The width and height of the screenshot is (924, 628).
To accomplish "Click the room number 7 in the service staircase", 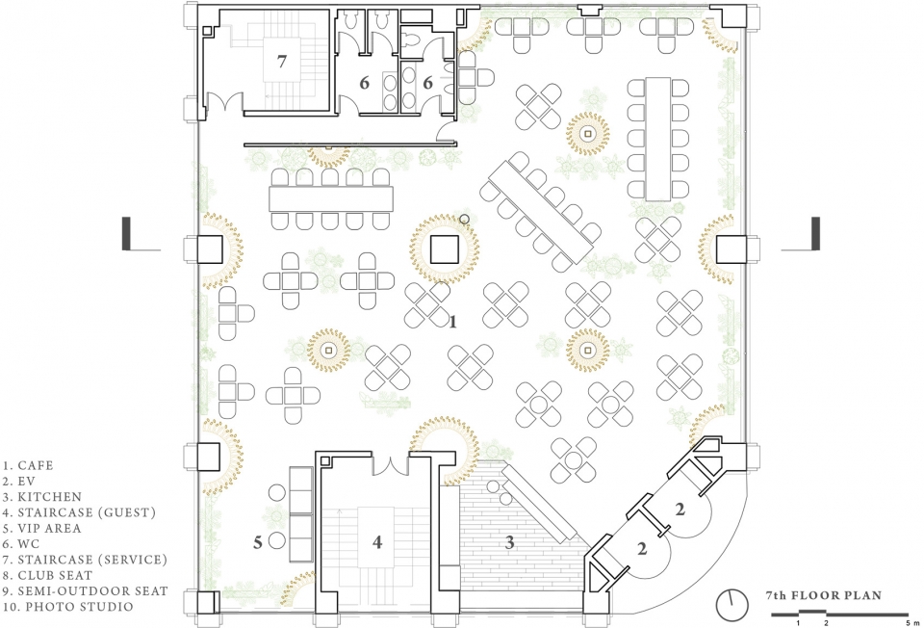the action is point(282,61).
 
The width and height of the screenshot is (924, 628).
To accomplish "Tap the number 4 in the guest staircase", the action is point(377,542).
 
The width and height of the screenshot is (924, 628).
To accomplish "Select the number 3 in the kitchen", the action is point(510,542).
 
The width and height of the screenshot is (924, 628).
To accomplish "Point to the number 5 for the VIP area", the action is point(258,542).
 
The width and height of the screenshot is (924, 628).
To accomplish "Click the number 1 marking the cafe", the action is point(452,322).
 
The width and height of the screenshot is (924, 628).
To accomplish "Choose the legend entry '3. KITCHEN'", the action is point(42,497).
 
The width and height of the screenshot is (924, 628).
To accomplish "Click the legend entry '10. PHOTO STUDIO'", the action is point(68,607).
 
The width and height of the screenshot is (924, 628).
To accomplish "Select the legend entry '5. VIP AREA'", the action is point(41,529).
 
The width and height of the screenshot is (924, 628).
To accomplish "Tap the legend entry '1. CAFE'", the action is point(28,466).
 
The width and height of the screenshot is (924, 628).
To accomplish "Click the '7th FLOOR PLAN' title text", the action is point(824,595).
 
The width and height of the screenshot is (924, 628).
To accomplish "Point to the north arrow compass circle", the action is point(731,605).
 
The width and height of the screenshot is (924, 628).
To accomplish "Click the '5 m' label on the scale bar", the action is point(912,622).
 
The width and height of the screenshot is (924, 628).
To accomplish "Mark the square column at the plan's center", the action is point(445,249).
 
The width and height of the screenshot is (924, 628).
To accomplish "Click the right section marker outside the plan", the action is point(802,234).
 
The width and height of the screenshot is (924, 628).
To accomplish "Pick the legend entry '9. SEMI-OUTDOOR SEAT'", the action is point(86,590).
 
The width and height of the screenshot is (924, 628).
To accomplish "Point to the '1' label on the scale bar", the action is point(799,622).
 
